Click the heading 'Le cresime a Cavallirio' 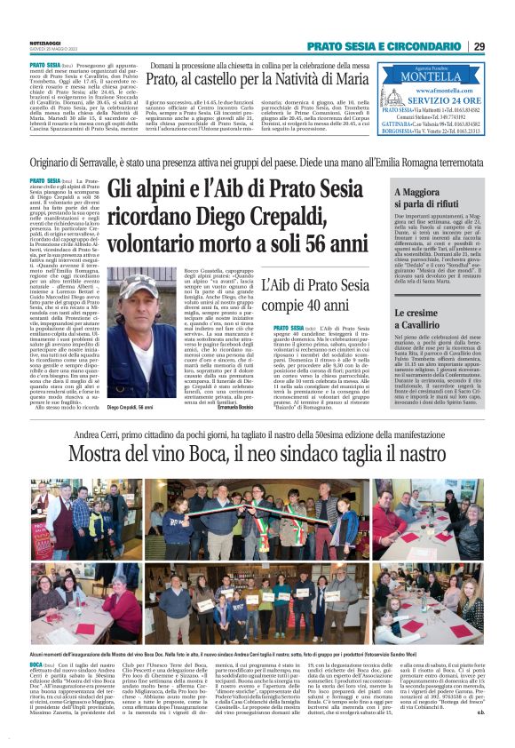424,319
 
